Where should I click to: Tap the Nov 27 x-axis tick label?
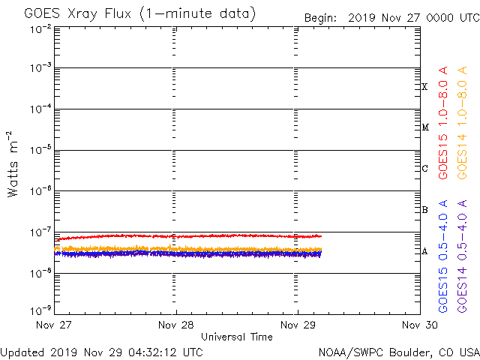pyautogui.click(x=54, y=325)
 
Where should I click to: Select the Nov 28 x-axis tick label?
pyautogui.click(x=176, y=325)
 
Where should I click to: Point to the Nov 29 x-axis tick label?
pyautogui.click(x=298, y=325)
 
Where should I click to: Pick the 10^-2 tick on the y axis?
pyautogui.click(x=41, y=28)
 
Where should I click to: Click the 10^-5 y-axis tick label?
pyautogui.click(x=41, y=151)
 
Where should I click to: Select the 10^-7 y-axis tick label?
pyautogui.click(x=41, y=232)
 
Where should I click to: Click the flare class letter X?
pyautogui.click(x=424, y=87)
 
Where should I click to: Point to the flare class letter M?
pyautogui.click(x=424, y=127)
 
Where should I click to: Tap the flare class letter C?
pyautogui.click(x=424, y=169)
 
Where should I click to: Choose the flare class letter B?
pyautogui.click(x=424, y=210)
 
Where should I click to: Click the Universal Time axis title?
pyautogui.click(x=236, y=337)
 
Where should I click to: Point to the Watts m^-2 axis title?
pyautogui.click(x=13, y=164)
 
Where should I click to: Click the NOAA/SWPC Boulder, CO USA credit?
pyautogui.click(x=398, y=352)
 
